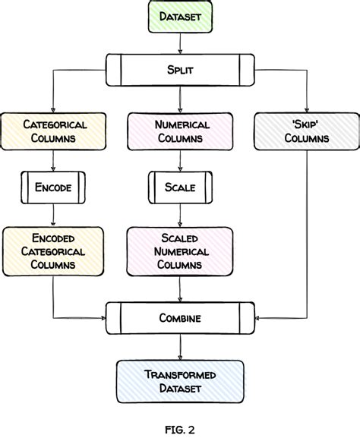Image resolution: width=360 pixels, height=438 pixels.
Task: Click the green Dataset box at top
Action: pos(180,17)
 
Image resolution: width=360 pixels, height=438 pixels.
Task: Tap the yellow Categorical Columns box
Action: pos(55,131)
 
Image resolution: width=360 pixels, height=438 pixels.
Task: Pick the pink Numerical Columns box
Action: pos(180,131)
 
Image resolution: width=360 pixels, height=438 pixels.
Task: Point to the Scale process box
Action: pos(180,187)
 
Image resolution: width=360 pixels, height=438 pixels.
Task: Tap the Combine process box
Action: pos(180,318)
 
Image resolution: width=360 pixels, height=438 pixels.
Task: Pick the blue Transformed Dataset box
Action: pos(180,382)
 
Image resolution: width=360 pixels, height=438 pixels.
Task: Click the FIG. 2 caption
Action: pos(180,429)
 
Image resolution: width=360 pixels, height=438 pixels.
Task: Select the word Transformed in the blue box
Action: pos(180,374)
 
